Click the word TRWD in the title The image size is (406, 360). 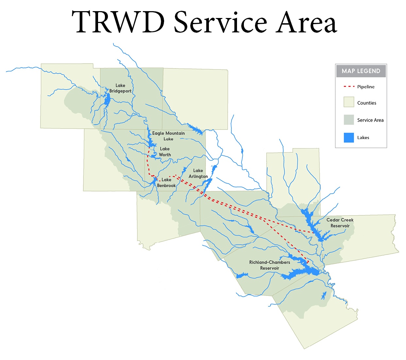click(x=118, y=22)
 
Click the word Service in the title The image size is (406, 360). click(x=220, y=22)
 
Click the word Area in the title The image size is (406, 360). click(x=306, y=22)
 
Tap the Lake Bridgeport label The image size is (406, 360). click(x=120, y=88)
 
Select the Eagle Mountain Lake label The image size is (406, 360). click(x=168, y=136)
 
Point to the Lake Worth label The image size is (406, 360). click(x=165, y=152)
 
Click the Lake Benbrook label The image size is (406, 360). click(x=166, y=183)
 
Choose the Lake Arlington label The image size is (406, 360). click(x=198, y=173)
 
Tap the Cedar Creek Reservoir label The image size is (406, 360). click(x=340, y=223)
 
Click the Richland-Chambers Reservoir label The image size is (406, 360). click(x=269, y=265)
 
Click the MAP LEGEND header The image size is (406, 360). click(x=361, y=71)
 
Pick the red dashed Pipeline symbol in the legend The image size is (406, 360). click(x=349, y=87)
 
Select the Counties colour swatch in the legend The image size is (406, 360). click(x=349, y=102)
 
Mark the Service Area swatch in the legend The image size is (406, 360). click(x=349, y=120)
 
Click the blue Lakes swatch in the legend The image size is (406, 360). click(x=349, y=137)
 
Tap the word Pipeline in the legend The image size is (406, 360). click(x=366, y=87)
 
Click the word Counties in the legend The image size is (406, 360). click(x=366, y=103)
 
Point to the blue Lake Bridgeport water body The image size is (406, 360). click(x=107, y=99)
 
